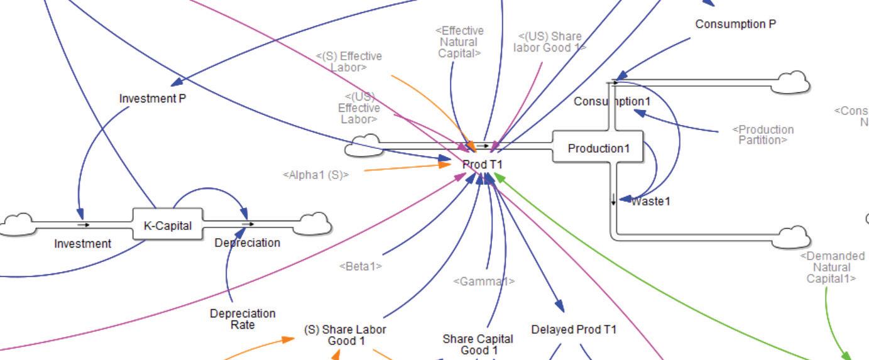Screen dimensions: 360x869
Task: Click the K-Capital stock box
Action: point(168,226)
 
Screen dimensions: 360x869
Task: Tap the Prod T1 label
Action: point(483,164)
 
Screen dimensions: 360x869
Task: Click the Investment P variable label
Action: point(153,99)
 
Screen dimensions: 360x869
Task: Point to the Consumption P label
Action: point(735,24)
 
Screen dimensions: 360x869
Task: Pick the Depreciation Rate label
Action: point(243,319)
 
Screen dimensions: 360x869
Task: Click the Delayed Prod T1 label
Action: point(574,329)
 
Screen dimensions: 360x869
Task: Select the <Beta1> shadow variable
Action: point(361,266)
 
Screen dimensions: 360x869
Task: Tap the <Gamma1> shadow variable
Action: point(484,281)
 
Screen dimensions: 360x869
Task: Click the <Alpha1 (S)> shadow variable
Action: point(315,175)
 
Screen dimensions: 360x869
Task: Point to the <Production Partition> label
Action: point(763,134)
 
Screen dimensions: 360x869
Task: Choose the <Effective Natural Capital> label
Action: point(459,42)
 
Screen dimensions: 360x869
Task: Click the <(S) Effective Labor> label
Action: point(349,62)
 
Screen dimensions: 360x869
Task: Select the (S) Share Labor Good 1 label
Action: point(345,335)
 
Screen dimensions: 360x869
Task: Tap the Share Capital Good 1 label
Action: point(478,344)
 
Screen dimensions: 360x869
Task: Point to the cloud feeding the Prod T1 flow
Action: point(363,145)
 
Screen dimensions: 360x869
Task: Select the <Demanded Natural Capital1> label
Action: point(832,267)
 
